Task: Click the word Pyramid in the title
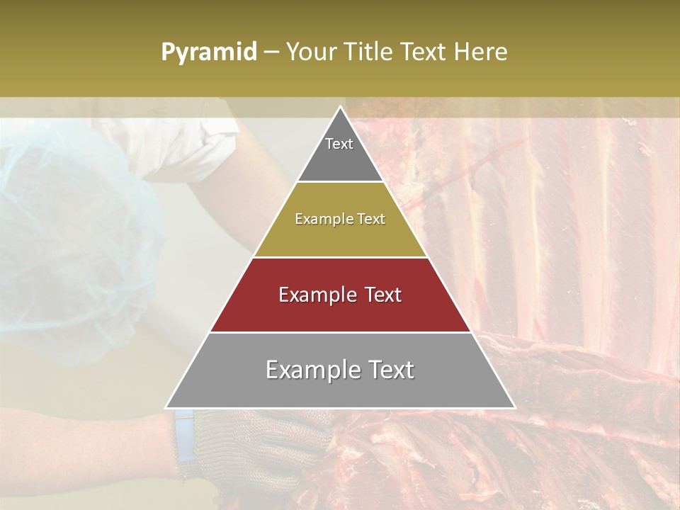click(208, 52)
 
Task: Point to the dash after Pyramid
click(271, 52)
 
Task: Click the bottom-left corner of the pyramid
click(166, 407)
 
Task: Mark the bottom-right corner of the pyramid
click(515, 407)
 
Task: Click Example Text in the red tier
click(340, 295)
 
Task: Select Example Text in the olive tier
click(340, 219)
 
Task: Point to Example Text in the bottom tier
click(340, 370)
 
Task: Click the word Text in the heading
click(424, 52)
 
